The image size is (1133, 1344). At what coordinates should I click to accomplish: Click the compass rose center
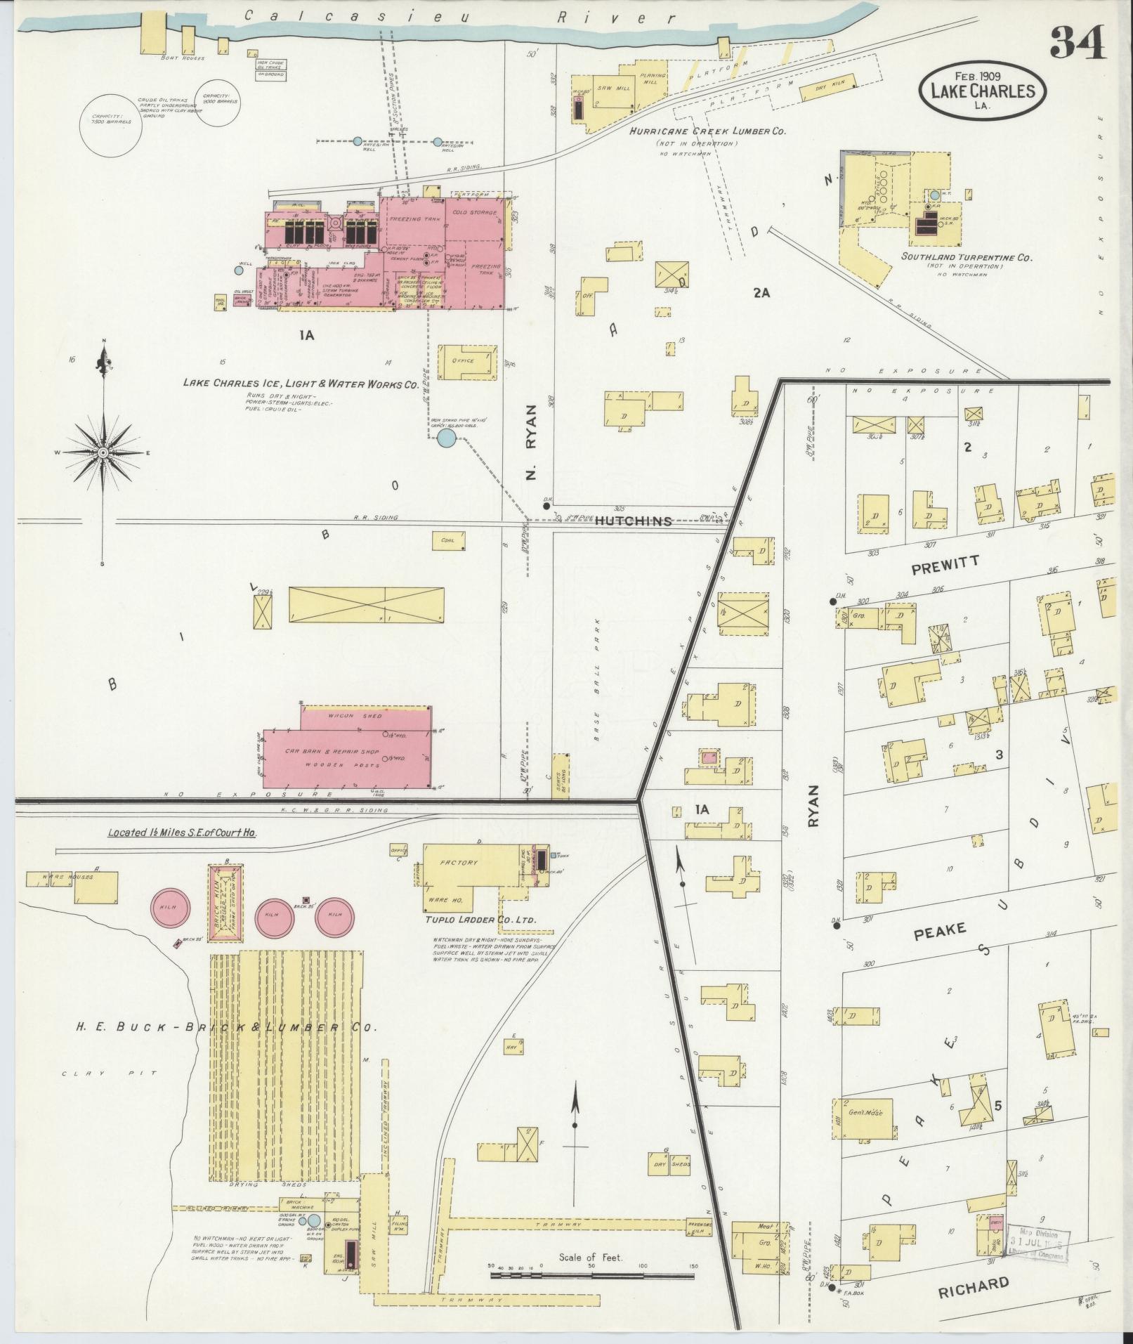(103, 452)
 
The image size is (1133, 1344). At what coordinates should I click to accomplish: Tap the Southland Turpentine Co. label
(966, 258)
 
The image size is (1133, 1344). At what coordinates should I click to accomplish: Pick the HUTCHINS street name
(633, 521)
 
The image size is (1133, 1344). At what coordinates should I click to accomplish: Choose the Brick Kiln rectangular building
(225, 901)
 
